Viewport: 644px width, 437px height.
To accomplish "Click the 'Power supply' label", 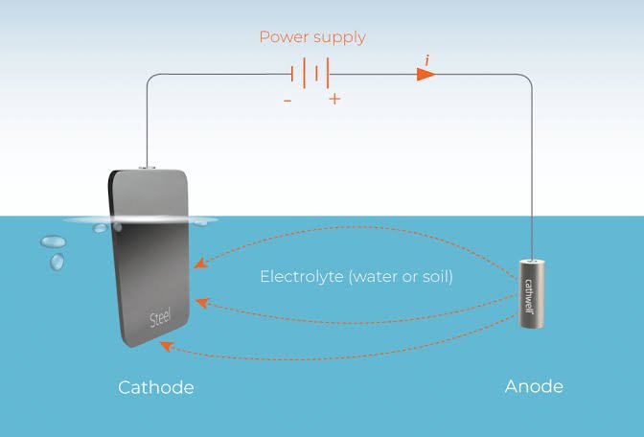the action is pos(312,37).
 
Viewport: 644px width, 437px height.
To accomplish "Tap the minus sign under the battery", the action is pos(287,101).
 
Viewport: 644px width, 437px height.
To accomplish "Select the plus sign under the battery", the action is pos(334,99).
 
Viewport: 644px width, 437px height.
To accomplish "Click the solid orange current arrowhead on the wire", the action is pos(425,75).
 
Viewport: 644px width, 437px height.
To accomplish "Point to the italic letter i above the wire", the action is pos(427,60).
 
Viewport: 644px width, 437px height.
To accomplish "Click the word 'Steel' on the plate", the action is pos(160,317).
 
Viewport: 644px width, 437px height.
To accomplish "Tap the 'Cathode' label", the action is pos(155,388).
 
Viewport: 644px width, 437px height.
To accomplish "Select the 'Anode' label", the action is pos(534,386).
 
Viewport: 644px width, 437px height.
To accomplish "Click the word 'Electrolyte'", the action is pos(302,276).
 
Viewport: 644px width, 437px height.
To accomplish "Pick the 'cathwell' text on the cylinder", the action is pos(529,296).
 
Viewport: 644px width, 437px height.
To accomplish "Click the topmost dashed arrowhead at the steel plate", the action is pos(200,263).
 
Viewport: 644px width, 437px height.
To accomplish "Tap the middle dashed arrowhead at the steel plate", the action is pos(201,303).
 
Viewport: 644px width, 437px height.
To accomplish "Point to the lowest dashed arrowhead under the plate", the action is pos(166,346).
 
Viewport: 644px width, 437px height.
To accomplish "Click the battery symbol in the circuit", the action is pos(310,74).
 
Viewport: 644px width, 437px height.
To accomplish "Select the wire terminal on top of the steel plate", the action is pos(147,168).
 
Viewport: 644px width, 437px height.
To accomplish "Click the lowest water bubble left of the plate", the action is pos(57,262).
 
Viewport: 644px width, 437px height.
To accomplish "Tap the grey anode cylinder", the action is pos(532,293).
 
